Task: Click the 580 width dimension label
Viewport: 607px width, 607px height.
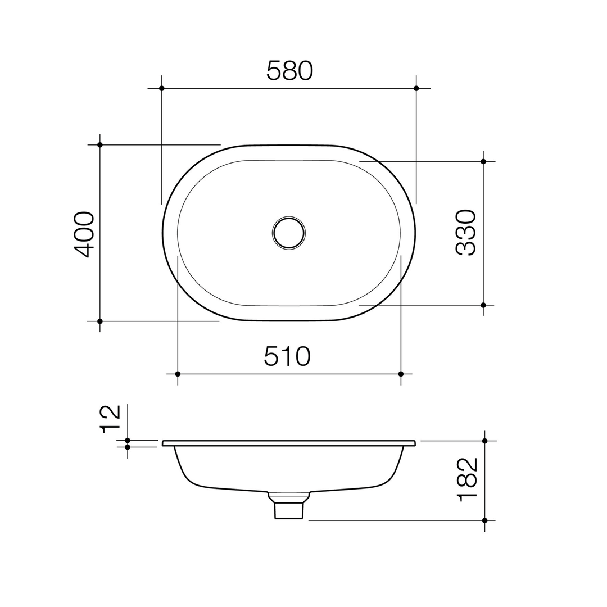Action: pos(289,71)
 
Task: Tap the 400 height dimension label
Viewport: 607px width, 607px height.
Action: pos(84,234)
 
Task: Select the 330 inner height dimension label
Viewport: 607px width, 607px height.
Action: pos(466,233)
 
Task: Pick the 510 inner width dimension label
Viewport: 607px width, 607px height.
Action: pos(287,356)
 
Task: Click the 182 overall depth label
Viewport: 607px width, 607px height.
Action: pos(468,479)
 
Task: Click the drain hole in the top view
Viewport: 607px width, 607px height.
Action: pos(288,233)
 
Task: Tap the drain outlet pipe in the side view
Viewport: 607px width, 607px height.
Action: pos(288,510)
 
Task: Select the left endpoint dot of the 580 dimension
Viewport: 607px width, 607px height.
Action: pos(162,88)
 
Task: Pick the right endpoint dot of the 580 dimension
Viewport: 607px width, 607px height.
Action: pos(416,88)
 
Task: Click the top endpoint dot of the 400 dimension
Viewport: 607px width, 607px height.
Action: pos(100,145)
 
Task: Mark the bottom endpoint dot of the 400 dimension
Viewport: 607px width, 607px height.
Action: pos(100,321)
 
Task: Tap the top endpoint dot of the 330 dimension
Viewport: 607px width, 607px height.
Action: pos(483,161)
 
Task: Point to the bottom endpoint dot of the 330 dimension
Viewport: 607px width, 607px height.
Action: pos(483,305)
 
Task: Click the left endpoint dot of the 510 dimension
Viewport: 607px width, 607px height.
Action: pos(178,374)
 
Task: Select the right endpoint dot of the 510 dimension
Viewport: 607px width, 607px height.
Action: pos(401,374)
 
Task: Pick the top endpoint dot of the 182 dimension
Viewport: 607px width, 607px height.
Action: pos(484,441)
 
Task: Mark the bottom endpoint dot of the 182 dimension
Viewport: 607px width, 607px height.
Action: pos(484,520)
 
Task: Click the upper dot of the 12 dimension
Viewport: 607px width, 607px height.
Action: pos(128,441)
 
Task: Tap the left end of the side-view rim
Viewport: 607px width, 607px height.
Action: pos(164,443)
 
